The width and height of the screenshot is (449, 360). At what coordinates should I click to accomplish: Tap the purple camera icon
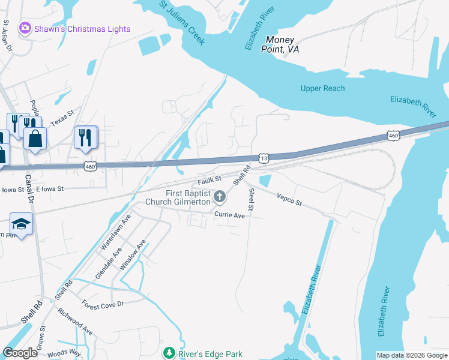(x=25, y=28)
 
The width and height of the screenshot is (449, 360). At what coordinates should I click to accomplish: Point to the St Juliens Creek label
(x=182, y=23)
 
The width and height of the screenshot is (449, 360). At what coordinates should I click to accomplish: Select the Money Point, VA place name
(x=282, y=44)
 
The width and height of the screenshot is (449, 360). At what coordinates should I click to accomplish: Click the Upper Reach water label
(x=322, y=88)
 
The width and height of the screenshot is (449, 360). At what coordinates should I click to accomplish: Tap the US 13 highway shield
(x=264, y=157)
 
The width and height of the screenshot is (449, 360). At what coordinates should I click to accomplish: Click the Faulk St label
(x=209, y=179)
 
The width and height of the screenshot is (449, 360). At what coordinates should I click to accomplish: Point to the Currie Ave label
(x=231, y=215)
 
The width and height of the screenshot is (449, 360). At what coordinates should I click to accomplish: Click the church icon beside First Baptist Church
(x=220, y=196)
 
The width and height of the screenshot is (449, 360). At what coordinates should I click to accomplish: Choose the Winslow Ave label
(x=133, y=255)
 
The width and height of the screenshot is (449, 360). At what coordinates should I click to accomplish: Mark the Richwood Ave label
(x=75, y=321)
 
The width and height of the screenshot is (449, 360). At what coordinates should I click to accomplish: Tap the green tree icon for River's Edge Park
(x=169, y=353)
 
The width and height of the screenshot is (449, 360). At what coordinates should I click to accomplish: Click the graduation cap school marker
(x=22, y=224)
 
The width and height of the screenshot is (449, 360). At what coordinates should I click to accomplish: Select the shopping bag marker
(x=35, y=139)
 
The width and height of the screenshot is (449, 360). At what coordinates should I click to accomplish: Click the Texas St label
(x=62, y=118)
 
